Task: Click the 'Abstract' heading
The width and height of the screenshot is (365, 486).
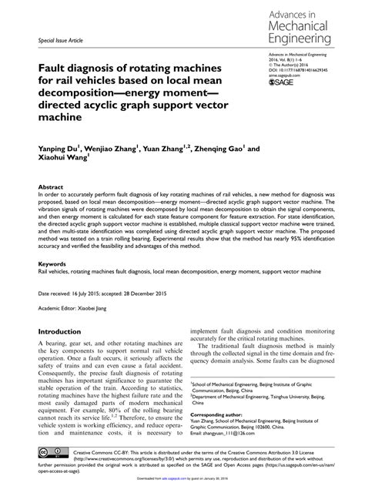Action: (x=51, y=187)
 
